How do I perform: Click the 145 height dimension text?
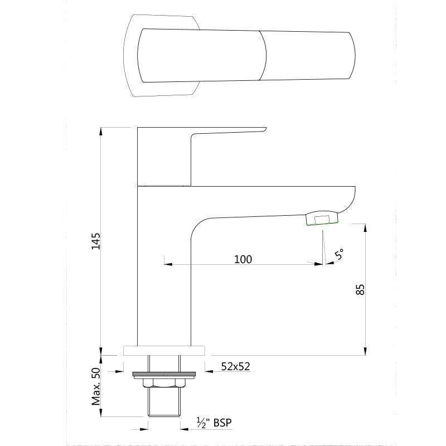tap(96, 241)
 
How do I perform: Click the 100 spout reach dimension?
tap(243, 259)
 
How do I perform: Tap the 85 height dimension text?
tap(360, 289)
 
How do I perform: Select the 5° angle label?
tap(339, 255)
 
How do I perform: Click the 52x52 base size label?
tap(235, 366)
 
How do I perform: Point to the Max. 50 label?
tap(95, 386)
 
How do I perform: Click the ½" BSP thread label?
tap(214, 423)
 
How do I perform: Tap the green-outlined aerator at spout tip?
tap(322, 219)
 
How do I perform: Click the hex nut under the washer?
tap(163, 383)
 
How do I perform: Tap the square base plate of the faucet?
tap(164, 351)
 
